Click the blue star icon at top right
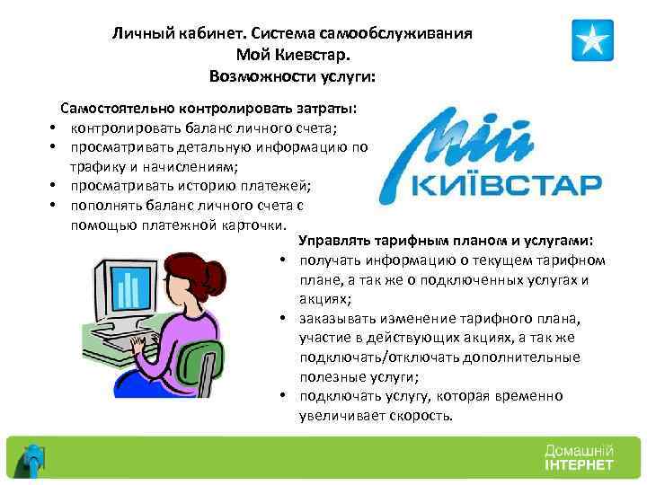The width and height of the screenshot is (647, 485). [x=592, y=40]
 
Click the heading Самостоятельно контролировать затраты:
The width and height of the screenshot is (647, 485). [x=208, y=108]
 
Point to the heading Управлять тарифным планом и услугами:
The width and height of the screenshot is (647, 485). [x=445, y=242]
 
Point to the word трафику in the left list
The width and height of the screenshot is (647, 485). [x=96, y=166]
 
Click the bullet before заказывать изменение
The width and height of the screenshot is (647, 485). [x=282, y=320]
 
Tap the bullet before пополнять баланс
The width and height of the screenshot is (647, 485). [x=54, y=205]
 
